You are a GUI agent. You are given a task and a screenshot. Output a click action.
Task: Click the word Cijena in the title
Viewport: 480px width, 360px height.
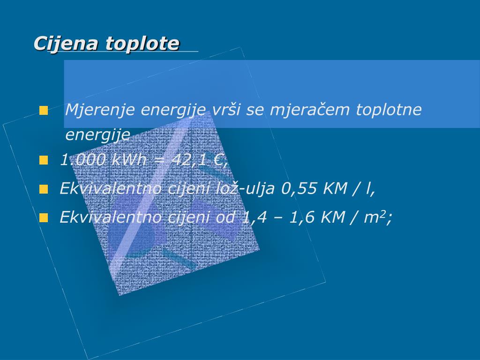click(66, 44)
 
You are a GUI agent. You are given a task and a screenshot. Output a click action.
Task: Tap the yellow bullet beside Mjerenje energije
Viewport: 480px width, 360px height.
click(44, 111)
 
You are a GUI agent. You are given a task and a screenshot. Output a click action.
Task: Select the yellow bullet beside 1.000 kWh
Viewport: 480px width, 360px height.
click(44, 160)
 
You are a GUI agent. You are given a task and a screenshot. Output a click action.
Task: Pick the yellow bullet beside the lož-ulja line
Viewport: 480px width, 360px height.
click(44, 189)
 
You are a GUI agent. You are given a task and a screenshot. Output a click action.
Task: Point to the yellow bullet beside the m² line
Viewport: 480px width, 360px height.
click(44, 218)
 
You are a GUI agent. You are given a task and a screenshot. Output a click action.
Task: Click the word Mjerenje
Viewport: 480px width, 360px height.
click(100, 110)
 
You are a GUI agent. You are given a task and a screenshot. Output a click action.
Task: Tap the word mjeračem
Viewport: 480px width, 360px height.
click(309, 110)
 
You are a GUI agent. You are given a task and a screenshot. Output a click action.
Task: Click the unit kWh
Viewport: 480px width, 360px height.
click(129, 159)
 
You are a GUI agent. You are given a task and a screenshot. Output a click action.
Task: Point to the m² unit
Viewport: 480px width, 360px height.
click(375, 217)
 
